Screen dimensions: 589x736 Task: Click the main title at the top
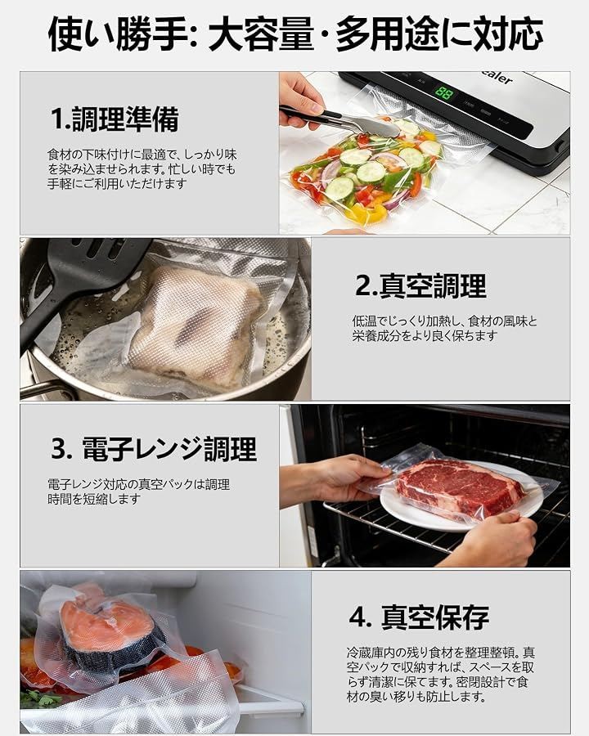tap(295, 34)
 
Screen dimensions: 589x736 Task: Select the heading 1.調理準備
tap(115, 119)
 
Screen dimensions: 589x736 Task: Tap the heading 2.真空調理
tap(420, 285)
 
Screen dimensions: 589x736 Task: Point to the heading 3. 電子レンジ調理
tap(154, 448)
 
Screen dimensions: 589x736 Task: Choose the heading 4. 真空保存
tap(419, 617)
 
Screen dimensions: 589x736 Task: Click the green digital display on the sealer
tap(444, 92)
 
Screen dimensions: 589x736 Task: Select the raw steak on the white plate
tap(458, 488)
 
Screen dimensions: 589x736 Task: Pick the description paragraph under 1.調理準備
tap(142, 169)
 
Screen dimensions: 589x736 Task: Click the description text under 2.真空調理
tap(444, 329)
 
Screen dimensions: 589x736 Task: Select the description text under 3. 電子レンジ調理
tap(138, 491)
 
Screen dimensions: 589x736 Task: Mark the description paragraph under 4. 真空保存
tap(441, 675)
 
